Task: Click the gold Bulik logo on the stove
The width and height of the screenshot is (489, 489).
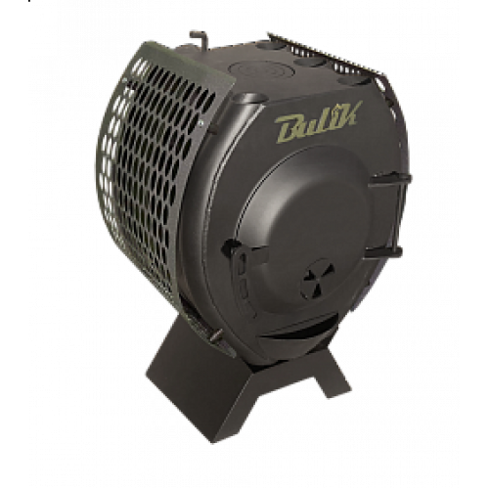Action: pyautogui.click(x=319, y=122)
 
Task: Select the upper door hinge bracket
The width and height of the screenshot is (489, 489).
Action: pyautogui.click(x=389, y=180)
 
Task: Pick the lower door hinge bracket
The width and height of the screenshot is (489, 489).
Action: pyautogui.click(x=383, y=252)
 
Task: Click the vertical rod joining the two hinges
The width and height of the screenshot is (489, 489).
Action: pyautogui.click(x=398, y=216)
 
